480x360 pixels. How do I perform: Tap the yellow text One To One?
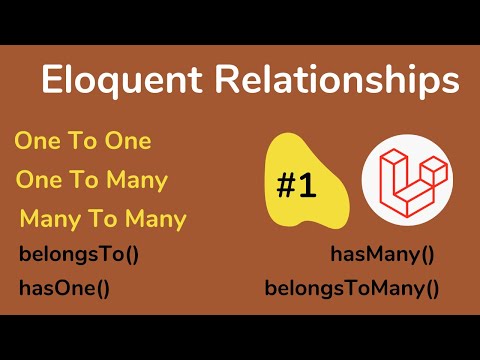[83, 141]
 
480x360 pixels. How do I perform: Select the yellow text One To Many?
[91, 181]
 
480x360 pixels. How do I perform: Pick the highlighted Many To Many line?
[103, 218]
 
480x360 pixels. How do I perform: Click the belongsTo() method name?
[79, 253]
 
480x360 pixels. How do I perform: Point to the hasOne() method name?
[63, 290]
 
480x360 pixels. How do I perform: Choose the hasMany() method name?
[383, 254]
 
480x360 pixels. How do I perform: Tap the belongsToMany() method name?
[352, 290]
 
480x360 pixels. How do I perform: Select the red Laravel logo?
[405, 179]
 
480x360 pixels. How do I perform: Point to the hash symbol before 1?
[285, 185]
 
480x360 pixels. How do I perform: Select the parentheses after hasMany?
[426, 254]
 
